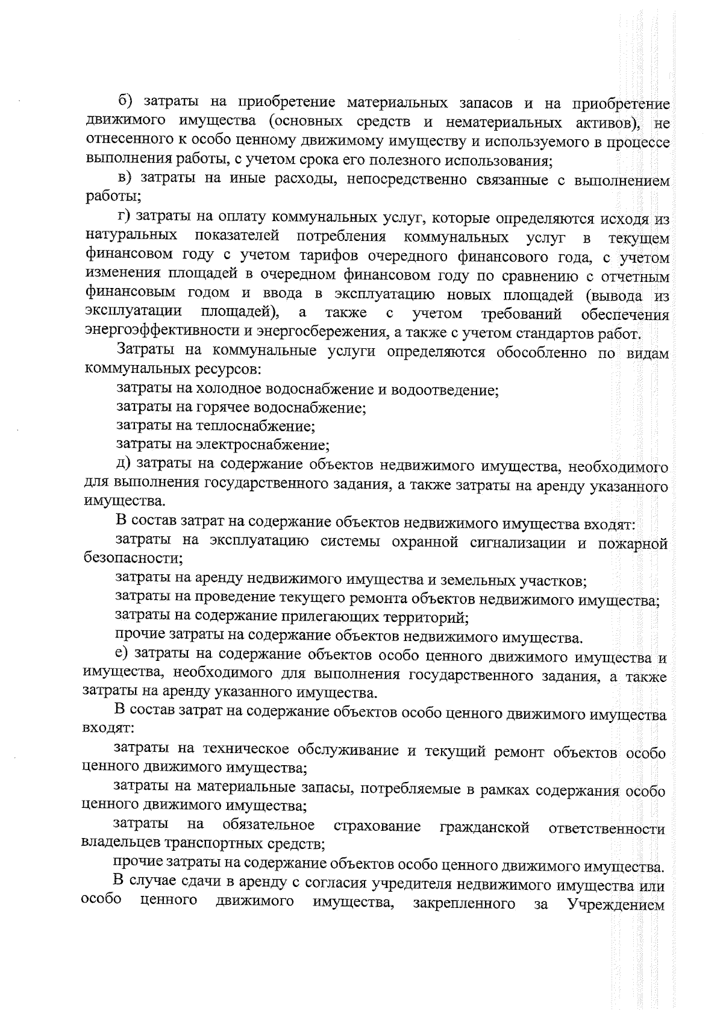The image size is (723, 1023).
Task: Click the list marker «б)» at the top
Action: tap(125, 104)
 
